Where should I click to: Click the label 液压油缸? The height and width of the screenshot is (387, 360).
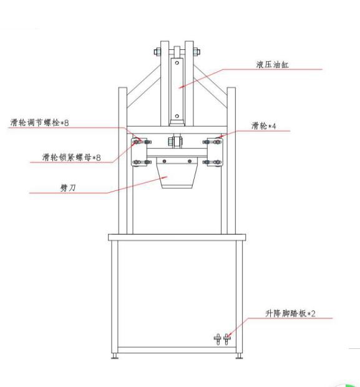click(x=272, y=65)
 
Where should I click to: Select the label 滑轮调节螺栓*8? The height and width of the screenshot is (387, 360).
click(x=39, y=122)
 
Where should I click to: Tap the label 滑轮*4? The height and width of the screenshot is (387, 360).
click(x=263, y=126)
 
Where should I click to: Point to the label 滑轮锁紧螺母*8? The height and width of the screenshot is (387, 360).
click(x=71, y=157)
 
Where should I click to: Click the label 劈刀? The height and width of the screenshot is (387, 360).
click(x=68, y=188)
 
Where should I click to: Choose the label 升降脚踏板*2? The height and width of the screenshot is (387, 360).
click(x=290, y=313)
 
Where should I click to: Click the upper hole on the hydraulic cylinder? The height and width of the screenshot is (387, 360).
click(x=177, y=63)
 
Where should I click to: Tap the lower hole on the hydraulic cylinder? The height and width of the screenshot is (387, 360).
click(x=177, y=116)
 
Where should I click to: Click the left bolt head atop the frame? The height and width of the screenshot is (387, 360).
click(x=157, y=52)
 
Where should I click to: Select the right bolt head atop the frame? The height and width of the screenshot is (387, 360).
click(x=197, y=52)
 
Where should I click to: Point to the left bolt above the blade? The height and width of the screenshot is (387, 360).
click(x=164, y=161)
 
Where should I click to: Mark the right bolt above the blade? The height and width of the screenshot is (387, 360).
click(x=190, y=161)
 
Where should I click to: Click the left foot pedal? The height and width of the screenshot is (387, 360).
click(x=218, y=339)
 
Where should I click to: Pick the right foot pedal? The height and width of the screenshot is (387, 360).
click(x=226, y=339)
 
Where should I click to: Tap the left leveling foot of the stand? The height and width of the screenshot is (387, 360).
click(x=115, y=356)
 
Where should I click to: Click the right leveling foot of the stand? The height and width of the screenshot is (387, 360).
click(x=239, y=356)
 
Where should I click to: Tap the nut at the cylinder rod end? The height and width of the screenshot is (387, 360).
click(x=176, y=142)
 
